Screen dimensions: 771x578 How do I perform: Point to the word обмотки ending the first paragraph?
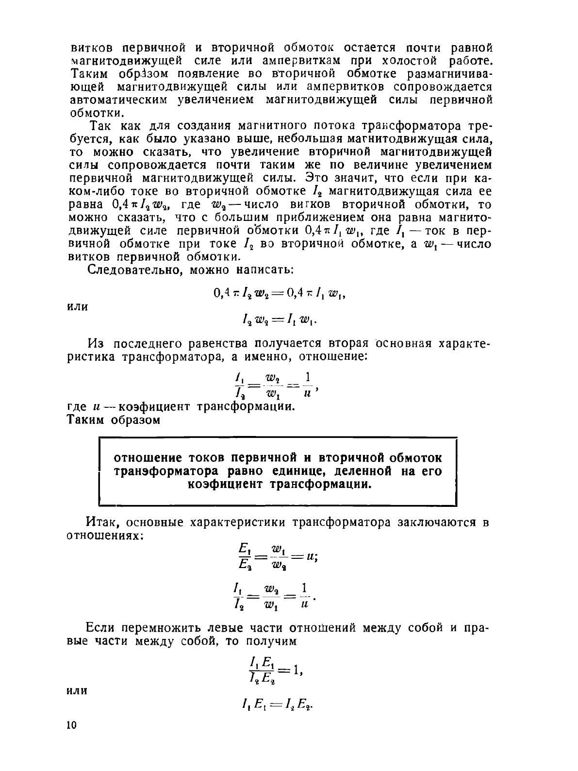coord(96,113)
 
